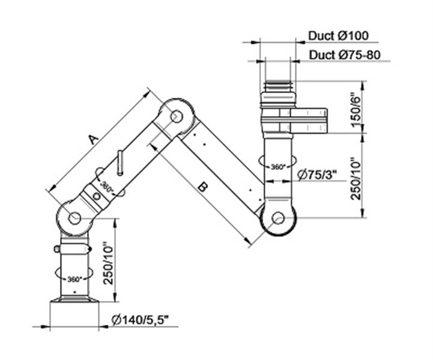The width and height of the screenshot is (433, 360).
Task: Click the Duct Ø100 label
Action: [x=338, y=36]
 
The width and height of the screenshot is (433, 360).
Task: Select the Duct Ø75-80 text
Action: [x=345, y=55]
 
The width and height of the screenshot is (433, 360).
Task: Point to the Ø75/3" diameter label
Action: [x=318, y=175]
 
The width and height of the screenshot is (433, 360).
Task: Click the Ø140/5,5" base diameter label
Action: [x=140, y=320]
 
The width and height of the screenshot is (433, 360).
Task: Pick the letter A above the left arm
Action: [x=93, y=139]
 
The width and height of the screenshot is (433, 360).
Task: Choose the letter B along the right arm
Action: [x=203, y=188]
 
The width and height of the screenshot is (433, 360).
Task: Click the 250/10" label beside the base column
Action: [x=108, y=263]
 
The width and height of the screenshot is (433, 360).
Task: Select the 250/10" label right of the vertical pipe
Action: [x=356, y=178]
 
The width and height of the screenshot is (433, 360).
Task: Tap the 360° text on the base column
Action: [x=75, y=279]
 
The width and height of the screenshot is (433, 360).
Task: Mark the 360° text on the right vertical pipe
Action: [x=278, y=167]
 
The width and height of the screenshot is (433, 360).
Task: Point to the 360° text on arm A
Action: [x=106, y=187]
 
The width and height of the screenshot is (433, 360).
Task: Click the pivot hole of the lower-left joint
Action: [x=74, y=218]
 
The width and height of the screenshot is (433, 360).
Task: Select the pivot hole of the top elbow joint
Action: [x=177, y=116]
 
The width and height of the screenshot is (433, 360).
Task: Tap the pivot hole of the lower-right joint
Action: [x=278, y=218]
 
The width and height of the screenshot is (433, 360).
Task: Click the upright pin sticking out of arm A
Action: [x=120, y=163]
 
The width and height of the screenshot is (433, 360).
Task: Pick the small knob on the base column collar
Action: [x=56, y=249]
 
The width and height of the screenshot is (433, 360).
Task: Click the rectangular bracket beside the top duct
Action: [x=309, y=120]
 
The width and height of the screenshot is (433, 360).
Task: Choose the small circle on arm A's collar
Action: [x=96, y=196]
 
